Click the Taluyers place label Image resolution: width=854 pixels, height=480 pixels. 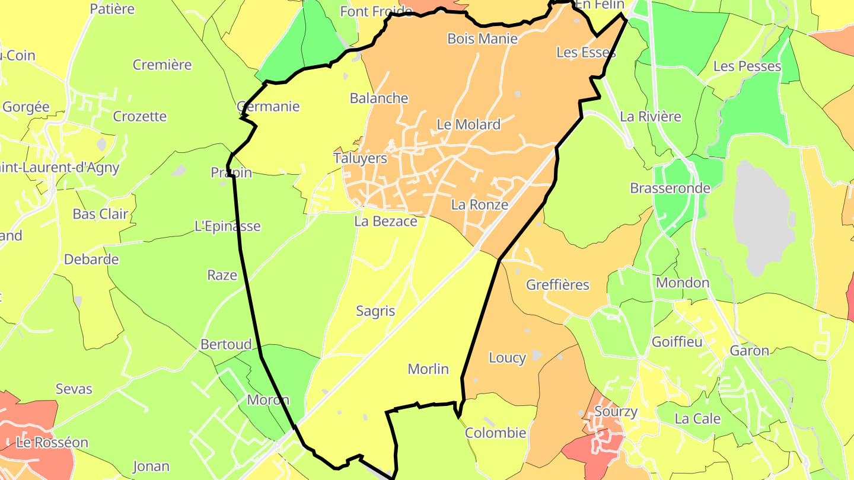(x=360, y=158)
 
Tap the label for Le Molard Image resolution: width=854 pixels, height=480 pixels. (x=469, y=124)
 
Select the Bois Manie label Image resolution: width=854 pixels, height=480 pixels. (x=482, y=39)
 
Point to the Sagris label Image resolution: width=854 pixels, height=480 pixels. (x=375, y=311)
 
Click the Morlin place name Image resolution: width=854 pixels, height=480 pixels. (x=428, y=369)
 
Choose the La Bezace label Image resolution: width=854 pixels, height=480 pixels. (x=385, y=221)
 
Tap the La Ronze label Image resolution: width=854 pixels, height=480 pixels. (x=480, y=205)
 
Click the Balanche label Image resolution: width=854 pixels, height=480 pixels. (x=379, y=98)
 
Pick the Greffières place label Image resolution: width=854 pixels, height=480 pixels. (x=557, y=285)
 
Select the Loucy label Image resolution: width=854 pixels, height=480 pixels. (x=507, y=358)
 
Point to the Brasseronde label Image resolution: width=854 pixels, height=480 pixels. (x=670, y=188)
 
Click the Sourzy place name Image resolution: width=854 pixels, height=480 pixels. (x=616, y=412)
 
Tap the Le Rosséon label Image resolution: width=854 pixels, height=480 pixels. (x=52, y=443)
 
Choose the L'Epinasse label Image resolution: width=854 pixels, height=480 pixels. (x=227, y=226)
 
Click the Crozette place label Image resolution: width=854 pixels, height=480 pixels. (x=140, y=116)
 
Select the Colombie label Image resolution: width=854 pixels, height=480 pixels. (x=495, y=433)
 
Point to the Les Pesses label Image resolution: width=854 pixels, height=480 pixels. (x=747, y=66)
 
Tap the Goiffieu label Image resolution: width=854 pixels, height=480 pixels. (x=677, y=342)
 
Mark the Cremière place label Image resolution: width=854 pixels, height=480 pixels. (x=162, y=65)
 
